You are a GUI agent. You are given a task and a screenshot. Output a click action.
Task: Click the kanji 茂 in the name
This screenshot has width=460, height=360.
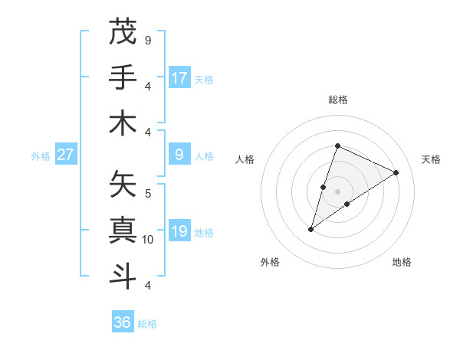pyautogui.click(x=123, y=31)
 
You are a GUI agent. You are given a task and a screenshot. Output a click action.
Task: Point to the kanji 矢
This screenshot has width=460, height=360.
pyautogui.click(x=123, y=185)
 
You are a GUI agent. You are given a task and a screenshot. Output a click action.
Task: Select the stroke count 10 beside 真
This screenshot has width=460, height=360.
pyautogui.click(x=149, y=240)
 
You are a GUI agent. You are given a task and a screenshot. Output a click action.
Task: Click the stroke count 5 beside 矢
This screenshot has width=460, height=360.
pyautogui.click(x=148, y=193)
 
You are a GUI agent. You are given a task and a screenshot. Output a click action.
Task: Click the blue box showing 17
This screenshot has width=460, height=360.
pyautogui.click(x=179, y=77)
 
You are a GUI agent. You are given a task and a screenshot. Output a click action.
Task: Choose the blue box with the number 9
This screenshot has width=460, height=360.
pyautogui.click(x=179, y=155)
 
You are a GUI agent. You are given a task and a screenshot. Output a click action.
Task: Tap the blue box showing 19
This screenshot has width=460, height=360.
pyautogui.click(x=179, y=231)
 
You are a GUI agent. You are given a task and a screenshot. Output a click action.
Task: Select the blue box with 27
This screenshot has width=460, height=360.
pyautogui.click(x=66, y=155)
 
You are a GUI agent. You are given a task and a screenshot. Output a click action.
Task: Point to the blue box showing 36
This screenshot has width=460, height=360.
pyautogui.click(x=123, y=322)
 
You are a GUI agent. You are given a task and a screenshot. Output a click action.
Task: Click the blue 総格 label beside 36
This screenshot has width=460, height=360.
pyautogui.click(x=147, y=324)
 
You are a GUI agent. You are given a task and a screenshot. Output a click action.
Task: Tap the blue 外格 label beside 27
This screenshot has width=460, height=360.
pyautogui.click(x=41, y=155)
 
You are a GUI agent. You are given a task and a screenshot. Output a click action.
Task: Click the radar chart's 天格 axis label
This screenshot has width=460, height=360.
pyautogui.click(x=431, y=159)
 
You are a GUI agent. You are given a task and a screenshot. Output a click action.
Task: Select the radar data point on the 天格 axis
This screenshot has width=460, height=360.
pyautogui.click(x=396, y=172)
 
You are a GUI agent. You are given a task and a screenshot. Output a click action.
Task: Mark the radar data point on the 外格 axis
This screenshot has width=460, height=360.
pyautogui.click(x=310, y=229)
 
